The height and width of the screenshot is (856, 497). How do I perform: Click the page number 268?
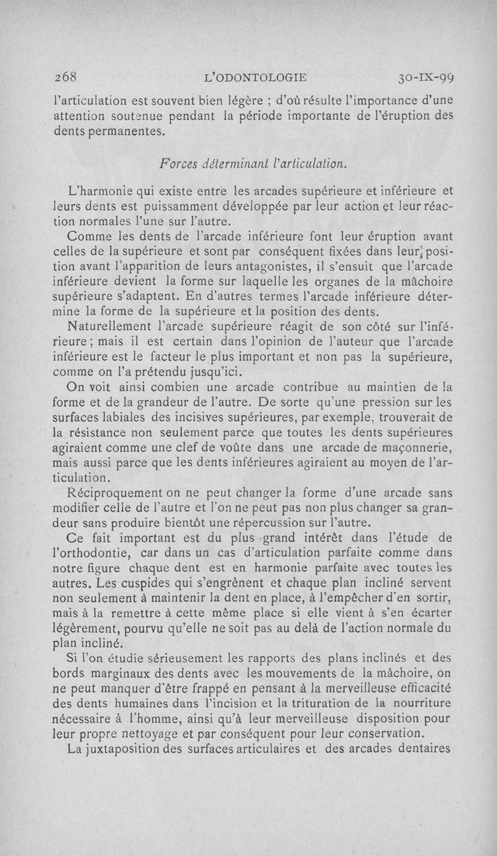(65, 78)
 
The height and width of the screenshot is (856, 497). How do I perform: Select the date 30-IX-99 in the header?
(427, 78)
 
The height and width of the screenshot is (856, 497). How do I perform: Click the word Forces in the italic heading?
(180, 163)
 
